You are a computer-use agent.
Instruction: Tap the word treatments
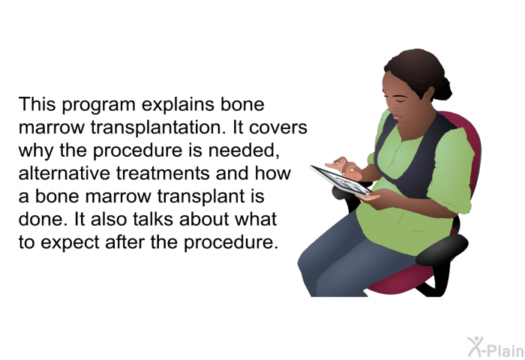(x=163, y=174)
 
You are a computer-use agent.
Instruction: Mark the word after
(x=125, y=241)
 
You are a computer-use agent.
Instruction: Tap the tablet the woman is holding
(x=340, y=181)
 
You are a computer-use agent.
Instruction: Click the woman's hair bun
(x=442, y=88)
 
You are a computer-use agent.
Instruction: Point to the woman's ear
(x=429, y=94)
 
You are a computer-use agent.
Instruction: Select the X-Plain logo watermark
(x=496, y=347)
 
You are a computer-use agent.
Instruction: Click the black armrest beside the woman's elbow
(x=442, y=250)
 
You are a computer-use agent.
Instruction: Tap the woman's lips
(x=397, y=117)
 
